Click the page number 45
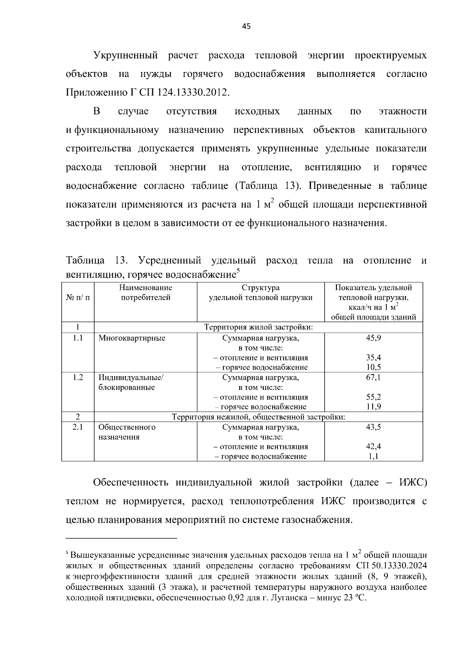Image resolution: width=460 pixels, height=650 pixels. click(x=246, y=26)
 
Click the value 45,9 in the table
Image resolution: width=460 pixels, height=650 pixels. click(x=373, y=338)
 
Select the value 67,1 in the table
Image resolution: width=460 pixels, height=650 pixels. click(x=373, y=378)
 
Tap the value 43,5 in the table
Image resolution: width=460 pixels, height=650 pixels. click(x=373, y=427)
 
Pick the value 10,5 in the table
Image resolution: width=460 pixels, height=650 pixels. click(x=373, y=367)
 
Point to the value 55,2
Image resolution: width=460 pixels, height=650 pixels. click(x=373, y=397)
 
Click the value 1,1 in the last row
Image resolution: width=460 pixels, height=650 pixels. click(x=373, y=457)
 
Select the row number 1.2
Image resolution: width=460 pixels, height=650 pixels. click(x=78, y=378)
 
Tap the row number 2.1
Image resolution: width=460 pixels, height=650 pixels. click(x=78, y=427)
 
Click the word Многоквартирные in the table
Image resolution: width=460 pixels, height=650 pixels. click(x=131, y=338)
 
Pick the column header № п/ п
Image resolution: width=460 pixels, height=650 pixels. click(x=78, y=298)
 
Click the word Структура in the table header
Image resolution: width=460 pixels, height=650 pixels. click(x=260, y=288)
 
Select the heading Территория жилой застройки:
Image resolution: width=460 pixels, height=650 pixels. click(x=258, y=327)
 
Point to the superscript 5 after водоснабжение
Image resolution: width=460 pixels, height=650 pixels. click(x=238, y=272)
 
